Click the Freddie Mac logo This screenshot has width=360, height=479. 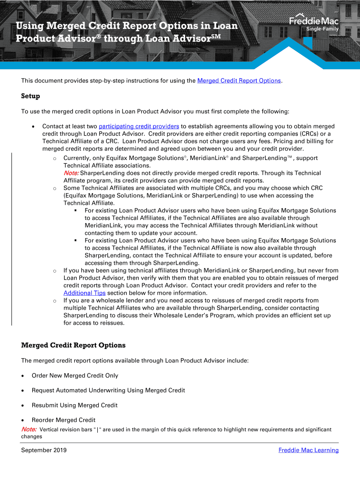(314, 21)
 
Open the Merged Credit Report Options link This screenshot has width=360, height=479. (239, 80)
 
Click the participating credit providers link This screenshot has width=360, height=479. (139, 126)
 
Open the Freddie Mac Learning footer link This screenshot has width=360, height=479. (308, 450)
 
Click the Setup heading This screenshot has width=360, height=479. (31, 96)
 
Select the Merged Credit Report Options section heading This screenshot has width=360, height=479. (73, 345)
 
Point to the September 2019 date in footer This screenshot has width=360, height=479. (44, 450)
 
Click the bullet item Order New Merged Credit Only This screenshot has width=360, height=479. (75, 375)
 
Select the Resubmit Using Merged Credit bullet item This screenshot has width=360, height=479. (74, 405)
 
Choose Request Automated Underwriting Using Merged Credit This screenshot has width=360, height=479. (108, 390)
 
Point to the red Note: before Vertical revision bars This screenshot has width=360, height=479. (29, 429)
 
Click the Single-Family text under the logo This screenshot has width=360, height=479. (322, 29)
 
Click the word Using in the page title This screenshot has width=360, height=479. (32, 26)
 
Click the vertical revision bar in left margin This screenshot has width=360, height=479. (12, 239)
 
